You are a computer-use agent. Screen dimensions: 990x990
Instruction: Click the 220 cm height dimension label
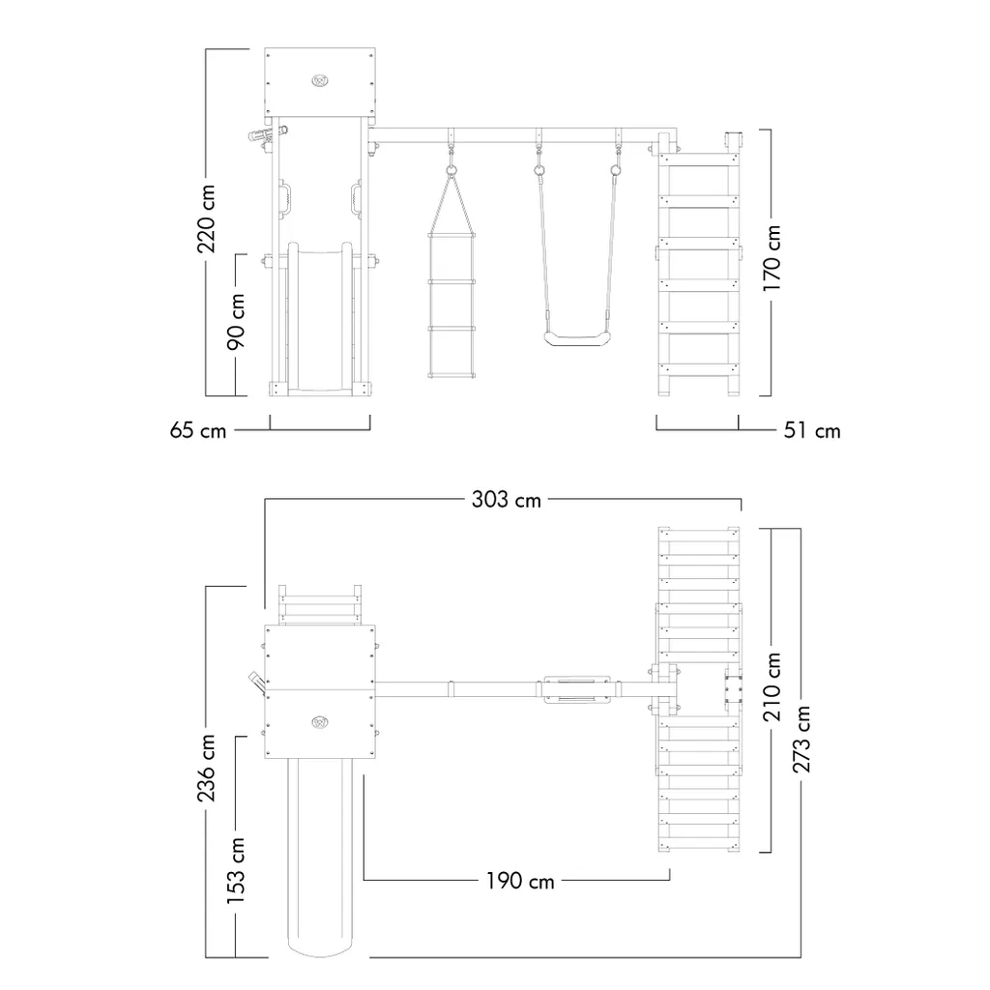coord(206,218)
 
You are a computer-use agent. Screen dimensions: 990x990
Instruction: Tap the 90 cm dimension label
coord(236,321)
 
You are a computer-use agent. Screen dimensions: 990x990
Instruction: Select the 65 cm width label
coord(197,430)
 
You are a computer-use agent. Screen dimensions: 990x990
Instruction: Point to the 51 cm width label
coord(812,430)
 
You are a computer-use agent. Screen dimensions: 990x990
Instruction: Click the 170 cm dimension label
coord(772,257)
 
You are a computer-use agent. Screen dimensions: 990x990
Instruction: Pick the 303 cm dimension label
coord(507,500)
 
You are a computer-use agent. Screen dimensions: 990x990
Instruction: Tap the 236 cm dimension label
coord(206,768)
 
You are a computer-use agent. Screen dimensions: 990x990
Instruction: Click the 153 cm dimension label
coord(236,871)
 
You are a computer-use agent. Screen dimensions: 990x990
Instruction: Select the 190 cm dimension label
coord(519,882)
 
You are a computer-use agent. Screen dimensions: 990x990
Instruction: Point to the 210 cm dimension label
coord(772,687)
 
